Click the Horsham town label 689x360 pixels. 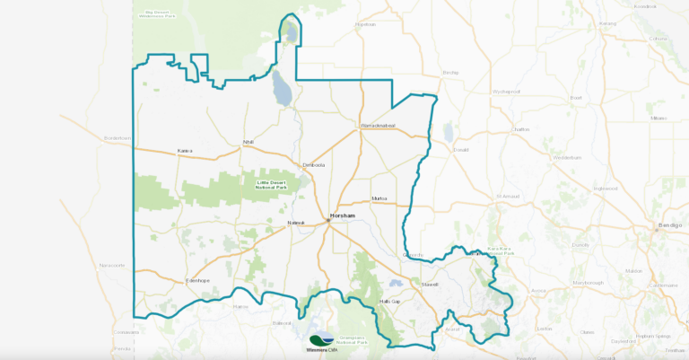coord(343,216)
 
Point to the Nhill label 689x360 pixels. coord(249,143)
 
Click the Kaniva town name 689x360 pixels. coord(186,150)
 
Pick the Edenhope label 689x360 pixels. coord(197,281)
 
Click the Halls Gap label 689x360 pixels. coord(390,301)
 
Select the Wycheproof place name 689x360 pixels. coord(507,91)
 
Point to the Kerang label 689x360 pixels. coord(608,23)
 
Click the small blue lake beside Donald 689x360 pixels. coord(448,133)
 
